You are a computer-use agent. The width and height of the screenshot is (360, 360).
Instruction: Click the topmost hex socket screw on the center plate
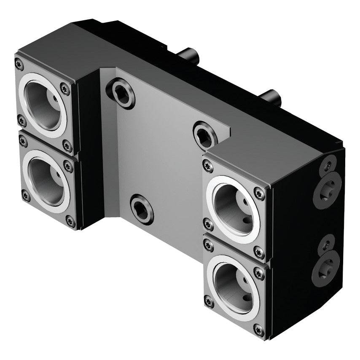point(121,93)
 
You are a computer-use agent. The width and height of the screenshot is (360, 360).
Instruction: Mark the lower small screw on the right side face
point(327,243)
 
